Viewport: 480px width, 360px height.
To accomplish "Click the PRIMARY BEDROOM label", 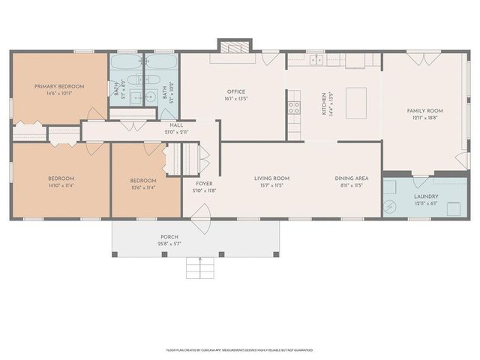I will click(x=59, y=86).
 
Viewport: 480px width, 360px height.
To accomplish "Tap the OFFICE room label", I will click(x=237, y=91).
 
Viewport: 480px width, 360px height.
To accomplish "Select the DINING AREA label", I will click(x=349, y=178).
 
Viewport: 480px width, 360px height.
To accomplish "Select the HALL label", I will click(x=176, y=125).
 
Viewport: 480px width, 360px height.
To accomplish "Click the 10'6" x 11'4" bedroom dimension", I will click(x=142, y=187).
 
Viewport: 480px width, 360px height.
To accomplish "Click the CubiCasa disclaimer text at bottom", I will click(x=240, y=349).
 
